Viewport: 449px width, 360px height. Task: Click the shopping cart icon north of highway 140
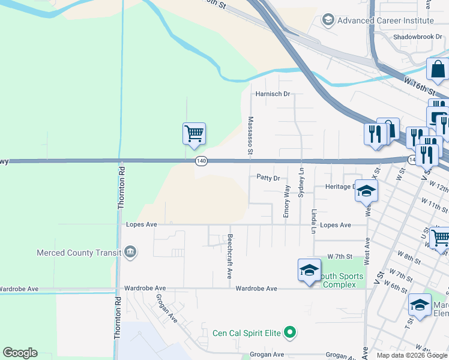(194, 133)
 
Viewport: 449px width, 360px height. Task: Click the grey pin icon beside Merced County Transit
(131, 253)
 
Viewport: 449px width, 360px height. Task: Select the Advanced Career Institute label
(385, 20)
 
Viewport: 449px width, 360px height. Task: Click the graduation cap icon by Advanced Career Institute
(328, 20)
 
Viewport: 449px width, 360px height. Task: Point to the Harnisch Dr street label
(273, 94)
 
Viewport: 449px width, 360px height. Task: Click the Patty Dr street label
(268, 178)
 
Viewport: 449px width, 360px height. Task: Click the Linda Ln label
(313, 221)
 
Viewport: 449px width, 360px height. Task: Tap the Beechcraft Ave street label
(229, 256)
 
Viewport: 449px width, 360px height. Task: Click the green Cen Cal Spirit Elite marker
(291, 332)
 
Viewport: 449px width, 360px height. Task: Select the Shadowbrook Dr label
(417, 37)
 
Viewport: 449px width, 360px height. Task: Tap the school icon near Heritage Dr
(366, 191)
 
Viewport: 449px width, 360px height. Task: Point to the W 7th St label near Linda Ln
(339, 257)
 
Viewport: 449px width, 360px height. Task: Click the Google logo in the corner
(20, 353)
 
